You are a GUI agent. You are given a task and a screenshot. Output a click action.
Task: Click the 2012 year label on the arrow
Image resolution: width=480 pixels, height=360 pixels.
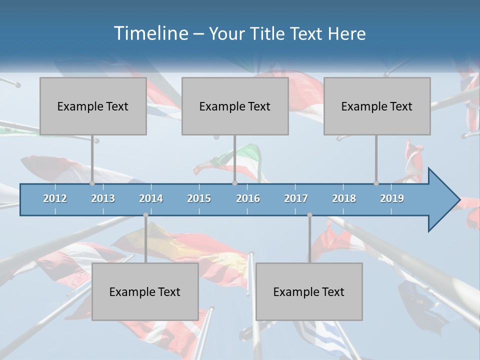click(55, 198)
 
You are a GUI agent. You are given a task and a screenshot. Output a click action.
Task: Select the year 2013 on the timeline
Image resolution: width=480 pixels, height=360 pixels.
click(103, 198)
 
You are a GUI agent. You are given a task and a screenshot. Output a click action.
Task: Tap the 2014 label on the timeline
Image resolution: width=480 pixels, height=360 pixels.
click(151, 198)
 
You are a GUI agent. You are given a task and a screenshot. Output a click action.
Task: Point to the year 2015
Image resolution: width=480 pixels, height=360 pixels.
click(199, 198)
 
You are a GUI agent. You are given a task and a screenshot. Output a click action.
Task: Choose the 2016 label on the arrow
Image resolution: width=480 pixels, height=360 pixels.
click(248, 198)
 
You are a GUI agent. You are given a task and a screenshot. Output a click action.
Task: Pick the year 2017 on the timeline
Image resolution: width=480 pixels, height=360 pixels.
click(296, 198)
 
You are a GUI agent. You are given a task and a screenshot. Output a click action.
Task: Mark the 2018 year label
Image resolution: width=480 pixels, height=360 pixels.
click(344, 198)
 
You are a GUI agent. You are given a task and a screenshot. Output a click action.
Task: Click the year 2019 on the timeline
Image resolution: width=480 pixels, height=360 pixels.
click(392, 198)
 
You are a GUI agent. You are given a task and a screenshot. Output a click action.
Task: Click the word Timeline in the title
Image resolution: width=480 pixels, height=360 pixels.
click(150, 33)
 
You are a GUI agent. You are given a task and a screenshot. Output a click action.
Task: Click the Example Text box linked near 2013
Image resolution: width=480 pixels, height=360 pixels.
click(93, 106)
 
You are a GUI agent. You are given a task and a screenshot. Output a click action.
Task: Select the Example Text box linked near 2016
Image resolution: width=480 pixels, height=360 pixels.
click(235, 106)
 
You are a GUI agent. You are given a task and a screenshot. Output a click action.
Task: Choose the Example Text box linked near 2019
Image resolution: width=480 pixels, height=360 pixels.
click(377, 106)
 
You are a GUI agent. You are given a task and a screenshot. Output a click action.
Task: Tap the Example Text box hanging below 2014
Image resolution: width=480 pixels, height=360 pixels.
click(145, 291)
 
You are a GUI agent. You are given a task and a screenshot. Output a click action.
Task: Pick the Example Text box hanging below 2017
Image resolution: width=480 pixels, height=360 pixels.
click(309, 291)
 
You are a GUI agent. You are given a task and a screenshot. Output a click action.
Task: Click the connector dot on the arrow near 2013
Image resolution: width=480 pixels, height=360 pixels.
click(92, 183)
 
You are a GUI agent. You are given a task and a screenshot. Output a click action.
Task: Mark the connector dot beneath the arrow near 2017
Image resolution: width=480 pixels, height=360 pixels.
click(309, 215)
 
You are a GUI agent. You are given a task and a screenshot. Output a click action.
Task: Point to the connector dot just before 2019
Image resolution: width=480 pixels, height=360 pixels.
click(376, 183)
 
